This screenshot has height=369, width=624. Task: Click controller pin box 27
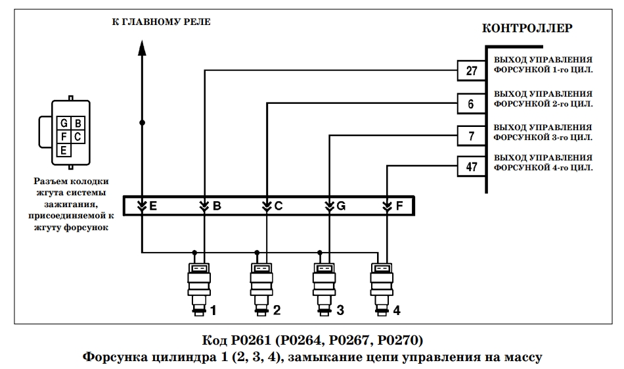472,71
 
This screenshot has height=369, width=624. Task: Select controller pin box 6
472,104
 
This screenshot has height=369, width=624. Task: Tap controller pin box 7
472,136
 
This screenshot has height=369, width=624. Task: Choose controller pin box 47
472,166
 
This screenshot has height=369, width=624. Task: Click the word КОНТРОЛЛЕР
527,28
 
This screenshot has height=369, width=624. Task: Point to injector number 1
200,289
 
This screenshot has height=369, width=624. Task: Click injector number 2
261,289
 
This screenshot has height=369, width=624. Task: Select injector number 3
324,289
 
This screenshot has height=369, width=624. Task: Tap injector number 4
382,289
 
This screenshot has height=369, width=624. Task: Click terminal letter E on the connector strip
153,206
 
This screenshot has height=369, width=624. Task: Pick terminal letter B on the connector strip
217,206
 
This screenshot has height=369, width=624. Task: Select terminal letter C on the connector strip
279,206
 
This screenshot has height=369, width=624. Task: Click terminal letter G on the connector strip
341,206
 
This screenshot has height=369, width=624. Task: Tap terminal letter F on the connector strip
399,206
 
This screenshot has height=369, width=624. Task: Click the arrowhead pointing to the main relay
142,47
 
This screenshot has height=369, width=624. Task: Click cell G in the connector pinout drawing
64,123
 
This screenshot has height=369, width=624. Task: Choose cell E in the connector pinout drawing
64,150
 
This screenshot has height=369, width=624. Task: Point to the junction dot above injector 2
257,253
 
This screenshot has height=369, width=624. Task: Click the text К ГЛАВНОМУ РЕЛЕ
161,22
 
